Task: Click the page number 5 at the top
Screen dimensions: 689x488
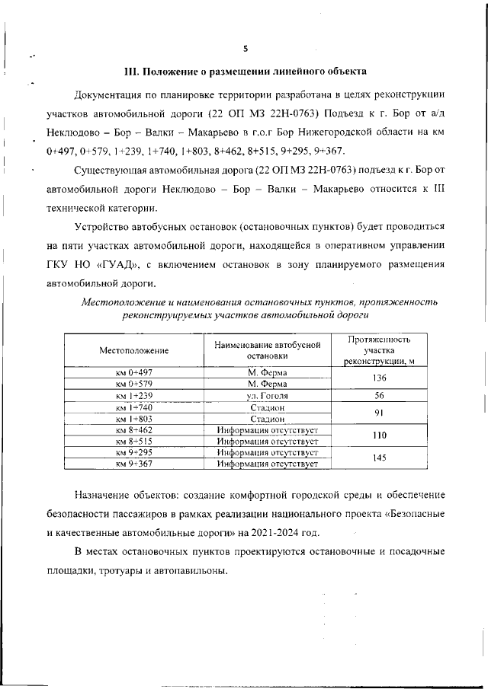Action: coord(246,49)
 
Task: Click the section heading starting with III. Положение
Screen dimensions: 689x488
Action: coord(246,72)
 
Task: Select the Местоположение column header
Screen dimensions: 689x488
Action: coord(133,350)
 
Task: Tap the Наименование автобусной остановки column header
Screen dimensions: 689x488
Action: coord(267,350)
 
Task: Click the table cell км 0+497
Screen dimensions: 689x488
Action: coord(133,372)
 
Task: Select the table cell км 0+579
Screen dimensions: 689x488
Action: coord(133,384)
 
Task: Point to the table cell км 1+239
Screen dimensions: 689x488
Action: coord(133,396)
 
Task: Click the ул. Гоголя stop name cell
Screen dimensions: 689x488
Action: coord(267,396)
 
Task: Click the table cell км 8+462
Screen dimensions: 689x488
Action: coord(133,430)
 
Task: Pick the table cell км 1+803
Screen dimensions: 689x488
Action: coord(133,419)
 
